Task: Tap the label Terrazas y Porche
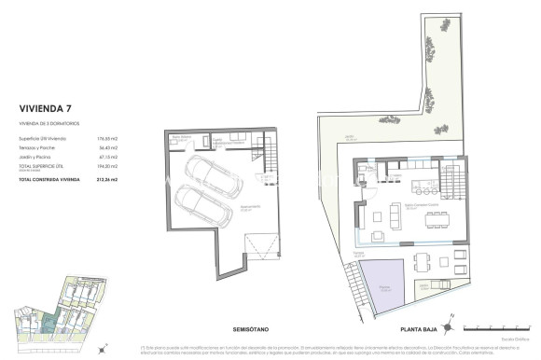[36, 147]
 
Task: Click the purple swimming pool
[381, 284]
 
